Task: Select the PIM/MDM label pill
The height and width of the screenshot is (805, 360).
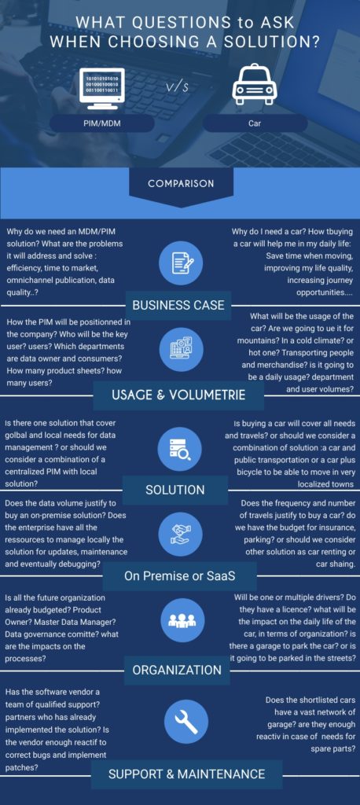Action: point(101,123)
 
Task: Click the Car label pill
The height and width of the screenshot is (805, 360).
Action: point(255,123)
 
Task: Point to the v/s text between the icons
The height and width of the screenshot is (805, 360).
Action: point(178,87)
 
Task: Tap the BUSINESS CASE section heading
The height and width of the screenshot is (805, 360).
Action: point(178,305)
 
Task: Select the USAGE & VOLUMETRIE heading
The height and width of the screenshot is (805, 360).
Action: point(178,395)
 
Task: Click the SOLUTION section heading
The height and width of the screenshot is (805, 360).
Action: point(175,489)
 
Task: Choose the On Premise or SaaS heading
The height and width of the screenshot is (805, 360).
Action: point(180,576)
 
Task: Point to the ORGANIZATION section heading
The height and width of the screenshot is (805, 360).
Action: point(177,670)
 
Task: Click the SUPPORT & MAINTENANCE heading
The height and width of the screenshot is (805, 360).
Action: point(187,774)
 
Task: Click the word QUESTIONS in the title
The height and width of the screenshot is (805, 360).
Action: point(173,23)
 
